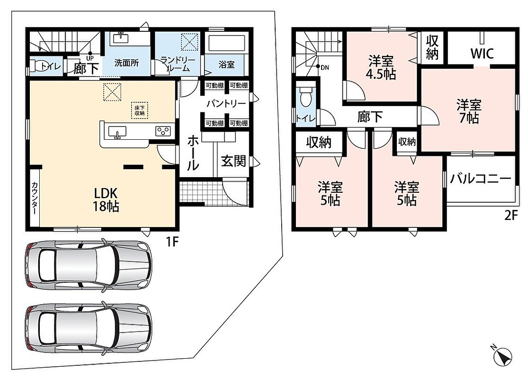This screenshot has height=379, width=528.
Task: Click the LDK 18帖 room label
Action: tap(106, 199)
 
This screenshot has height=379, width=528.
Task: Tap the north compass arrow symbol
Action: tap(503, 356)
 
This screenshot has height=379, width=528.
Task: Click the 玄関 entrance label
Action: tap(233, 162)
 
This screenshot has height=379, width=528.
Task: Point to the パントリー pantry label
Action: tap(226, 103)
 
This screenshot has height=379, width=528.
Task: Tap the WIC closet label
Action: tap(482, 53)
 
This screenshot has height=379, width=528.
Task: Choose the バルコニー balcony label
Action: tap(481, 179)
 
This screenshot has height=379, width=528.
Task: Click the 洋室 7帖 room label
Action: tap(469, 111)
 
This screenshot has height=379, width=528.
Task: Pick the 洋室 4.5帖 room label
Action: tap(381, 67)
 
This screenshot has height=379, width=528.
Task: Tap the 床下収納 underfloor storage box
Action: tap(139, 110)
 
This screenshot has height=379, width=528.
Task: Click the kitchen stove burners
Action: tap(163, 131)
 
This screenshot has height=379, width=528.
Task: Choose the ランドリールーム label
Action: tap(178, 64)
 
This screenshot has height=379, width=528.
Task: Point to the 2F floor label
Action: tap(510, 215)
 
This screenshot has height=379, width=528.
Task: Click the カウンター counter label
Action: tap(35, 198)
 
